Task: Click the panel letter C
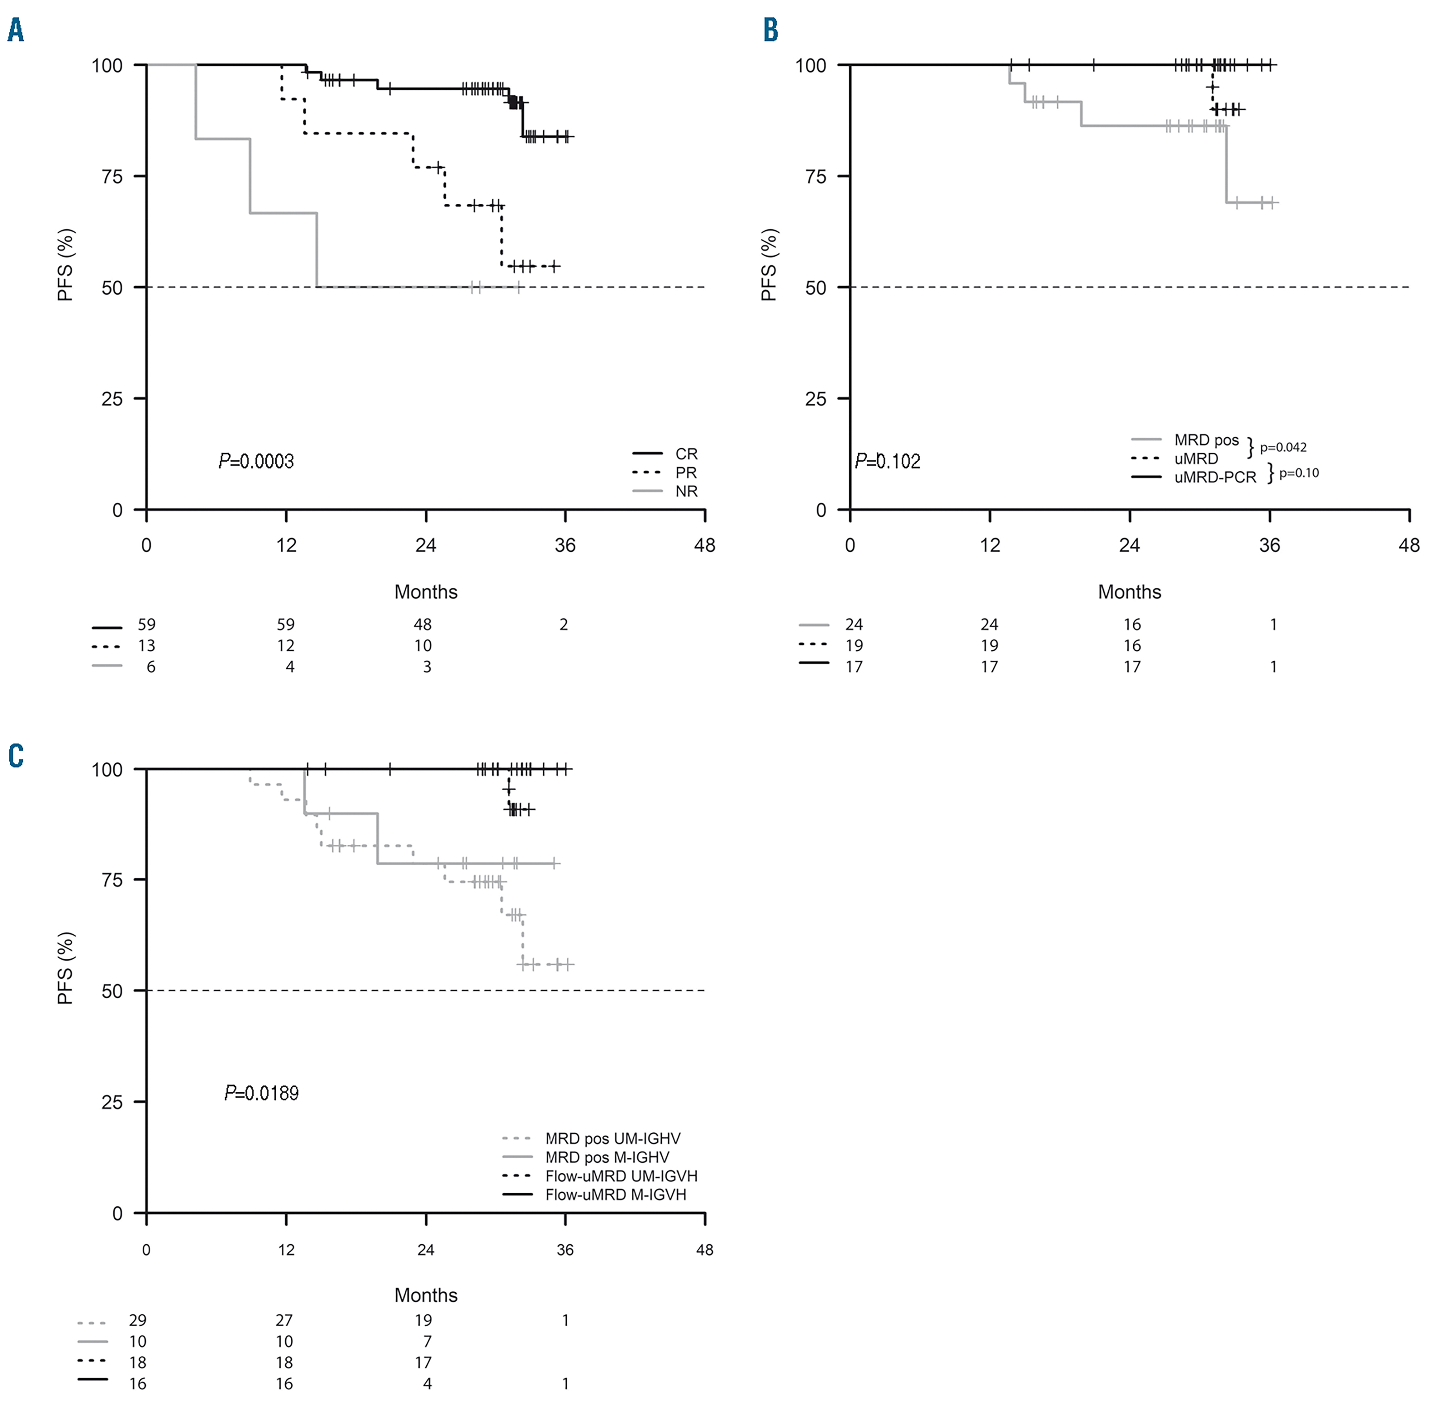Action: pos(16,756)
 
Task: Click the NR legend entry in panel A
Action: pos(686,491)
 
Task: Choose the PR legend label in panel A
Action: pos(686,473)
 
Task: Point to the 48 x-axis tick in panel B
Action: pos(1409,546)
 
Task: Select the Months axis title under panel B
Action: pos(1129,592)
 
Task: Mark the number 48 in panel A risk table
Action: pos(423,625)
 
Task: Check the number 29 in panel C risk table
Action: pos(138,1320)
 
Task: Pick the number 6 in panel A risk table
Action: pos(151,667)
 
